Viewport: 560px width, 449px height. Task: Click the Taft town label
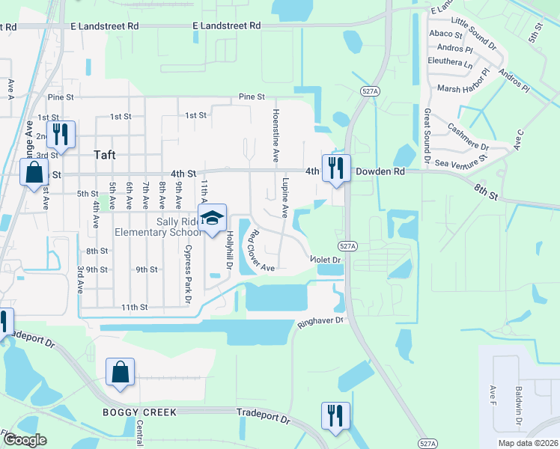(105, 155)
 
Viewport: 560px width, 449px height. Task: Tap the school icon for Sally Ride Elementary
(213, 217)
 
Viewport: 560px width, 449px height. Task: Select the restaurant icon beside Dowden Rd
(336, 168)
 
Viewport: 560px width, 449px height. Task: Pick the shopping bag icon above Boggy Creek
(121, 372)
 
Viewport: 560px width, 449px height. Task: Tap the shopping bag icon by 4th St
(34, 174)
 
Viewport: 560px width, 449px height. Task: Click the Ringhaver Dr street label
(320, 321)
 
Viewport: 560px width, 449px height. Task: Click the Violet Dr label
(326, 260)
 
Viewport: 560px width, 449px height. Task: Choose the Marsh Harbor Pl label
(463, 82)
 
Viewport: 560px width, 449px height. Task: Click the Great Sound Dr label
(427, 135)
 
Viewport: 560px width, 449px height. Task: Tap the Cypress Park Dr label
(188, 273)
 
